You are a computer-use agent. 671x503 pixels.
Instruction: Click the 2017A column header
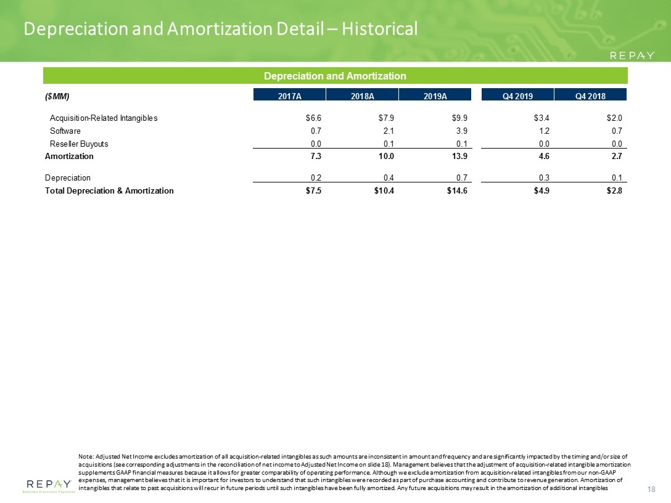289,96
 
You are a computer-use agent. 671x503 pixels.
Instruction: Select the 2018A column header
362,96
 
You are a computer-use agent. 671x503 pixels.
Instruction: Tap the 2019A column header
435,96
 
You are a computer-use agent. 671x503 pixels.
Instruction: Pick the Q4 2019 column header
517,96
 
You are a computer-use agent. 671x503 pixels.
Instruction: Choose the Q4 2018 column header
590,96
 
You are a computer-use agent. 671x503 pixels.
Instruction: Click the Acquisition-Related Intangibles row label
104,118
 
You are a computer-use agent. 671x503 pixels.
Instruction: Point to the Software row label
65,131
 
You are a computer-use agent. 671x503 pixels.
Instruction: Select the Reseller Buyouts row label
79,144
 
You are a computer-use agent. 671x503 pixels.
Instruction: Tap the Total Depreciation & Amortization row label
109,190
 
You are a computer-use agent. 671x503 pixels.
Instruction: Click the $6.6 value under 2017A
314,118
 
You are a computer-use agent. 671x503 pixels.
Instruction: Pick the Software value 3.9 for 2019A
462,131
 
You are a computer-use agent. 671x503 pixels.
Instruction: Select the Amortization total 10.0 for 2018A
386,156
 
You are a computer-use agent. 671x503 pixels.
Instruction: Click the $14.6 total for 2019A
457,190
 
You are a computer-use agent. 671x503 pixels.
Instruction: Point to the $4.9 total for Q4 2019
541,190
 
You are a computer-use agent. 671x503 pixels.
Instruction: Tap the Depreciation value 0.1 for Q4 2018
617,178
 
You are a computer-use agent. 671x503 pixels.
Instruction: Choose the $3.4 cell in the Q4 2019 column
541,118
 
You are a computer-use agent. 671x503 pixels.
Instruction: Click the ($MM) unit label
57,96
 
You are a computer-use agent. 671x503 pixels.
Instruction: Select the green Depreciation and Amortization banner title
335,76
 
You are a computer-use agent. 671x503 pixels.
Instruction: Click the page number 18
651,489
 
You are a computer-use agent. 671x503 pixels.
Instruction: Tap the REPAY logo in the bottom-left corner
49,486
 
